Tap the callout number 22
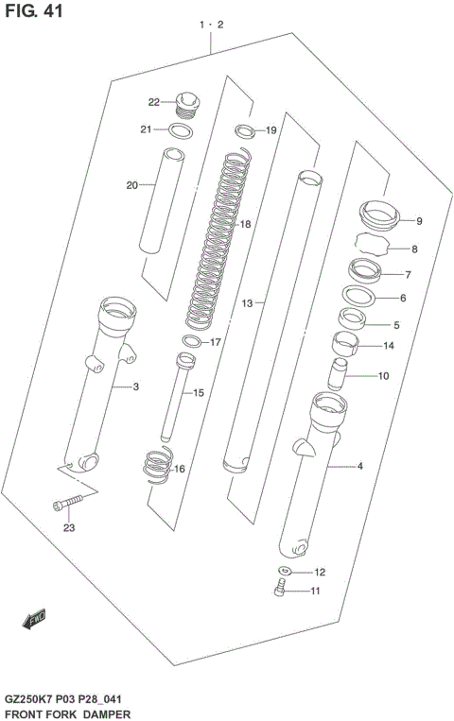153,102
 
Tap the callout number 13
247,304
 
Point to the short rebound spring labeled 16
157,466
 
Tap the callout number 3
135,387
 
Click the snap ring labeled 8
373,249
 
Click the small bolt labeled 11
279,591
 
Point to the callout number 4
359,465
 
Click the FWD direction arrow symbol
36,619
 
